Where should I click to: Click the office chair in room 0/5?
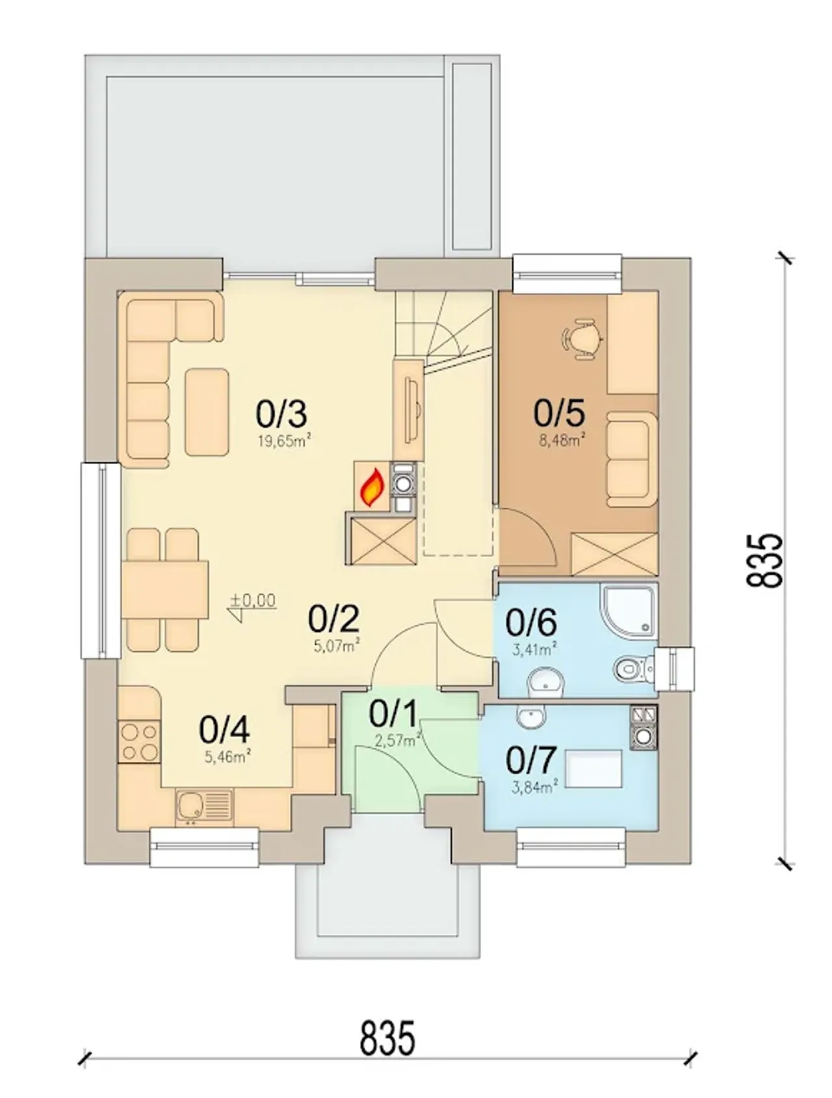point(582,338)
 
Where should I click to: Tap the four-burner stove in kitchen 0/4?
point(138,741)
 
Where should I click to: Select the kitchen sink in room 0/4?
point(203,807)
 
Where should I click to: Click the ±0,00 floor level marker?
point(253,603)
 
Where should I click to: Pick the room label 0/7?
point(531,759)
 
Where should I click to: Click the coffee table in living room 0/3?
point(207,412)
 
